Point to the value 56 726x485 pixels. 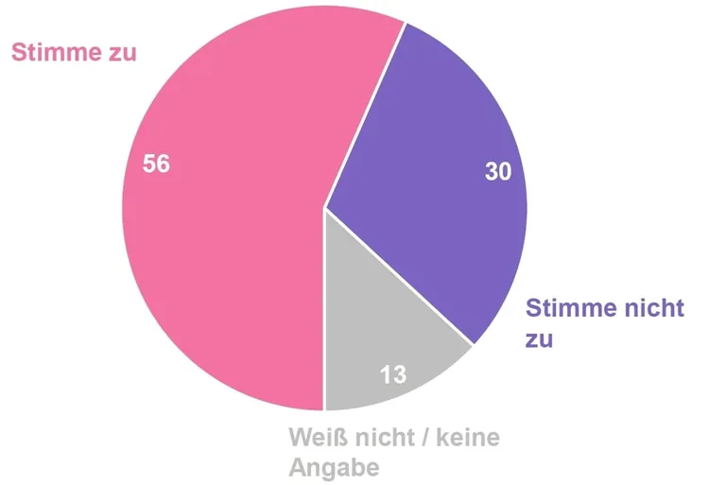(x=156, y=164)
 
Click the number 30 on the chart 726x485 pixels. (x=498, y=171)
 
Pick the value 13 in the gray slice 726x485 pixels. (x=393, y=374)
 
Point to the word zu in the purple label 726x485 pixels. (x=539, y=338)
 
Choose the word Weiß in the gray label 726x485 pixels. (x=319, y=439)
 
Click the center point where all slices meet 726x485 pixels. (x=324, y=207)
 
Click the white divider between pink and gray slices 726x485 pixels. (x=324, y=312)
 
